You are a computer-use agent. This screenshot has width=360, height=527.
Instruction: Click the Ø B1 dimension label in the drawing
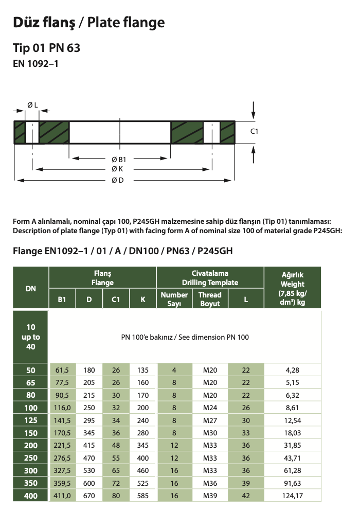coord(118,159)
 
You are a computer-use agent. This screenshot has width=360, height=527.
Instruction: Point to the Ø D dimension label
coord(118,180)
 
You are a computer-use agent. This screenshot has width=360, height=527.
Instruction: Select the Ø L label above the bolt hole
coord(32,105)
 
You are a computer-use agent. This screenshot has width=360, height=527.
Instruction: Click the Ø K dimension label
coord(118,169)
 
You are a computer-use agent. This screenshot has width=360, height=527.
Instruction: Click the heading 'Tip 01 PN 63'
coord(46,48)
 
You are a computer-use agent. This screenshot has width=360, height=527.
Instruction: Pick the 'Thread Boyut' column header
coord(210,299)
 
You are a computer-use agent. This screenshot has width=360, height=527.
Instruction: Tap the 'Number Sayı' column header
coord(174,299)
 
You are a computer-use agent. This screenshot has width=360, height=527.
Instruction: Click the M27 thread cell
coord(210,420)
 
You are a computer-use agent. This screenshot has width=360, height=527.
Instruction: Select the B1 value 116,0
coord(62,408)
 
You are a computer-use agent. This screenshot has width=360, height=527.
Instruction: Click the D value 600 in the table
coord(89,483)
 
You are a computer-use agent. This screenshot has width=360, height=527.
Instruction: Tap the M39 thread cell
coord(210,496)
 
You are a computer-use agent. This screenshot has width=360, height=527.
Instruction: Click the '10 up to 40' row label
coord(31,337)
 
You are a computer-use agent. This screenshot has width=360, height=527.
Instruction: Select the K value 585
coord(143,496)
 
